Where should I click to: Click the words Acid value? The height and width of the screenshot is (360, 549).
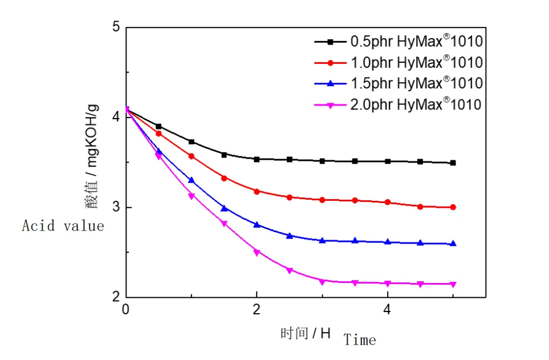(x=63, y=226)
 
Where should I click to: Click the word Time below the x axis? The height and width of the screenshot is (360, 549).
(x=360, y=341)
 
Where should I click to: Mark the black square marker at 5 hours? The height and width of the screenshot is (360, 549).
(x=453, y=163)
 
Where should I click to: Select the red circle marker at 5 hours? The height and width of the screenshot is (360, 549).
(x=453, y=207)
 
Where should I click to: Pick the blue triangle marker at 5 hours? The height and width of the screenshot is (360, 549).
(x=453, y=244)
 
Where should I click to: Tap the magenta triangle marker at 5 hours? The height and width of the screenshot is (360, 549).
(x=453, y=284)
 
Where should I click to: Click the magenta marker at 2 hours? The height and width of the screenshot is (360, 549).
(x=257, y=252)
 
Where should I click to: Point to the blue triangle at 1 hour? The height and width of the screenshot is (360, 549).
(x=192, y=180)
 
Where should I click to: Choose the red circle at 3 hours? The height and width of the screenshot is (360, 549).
(x=322, y=200)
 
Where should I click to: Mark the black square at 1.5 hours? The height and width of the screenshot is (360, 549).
(x=224, y=155)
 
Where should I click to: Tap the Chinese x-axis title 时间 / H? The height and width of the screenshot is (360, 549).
(x=305, y=333)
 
